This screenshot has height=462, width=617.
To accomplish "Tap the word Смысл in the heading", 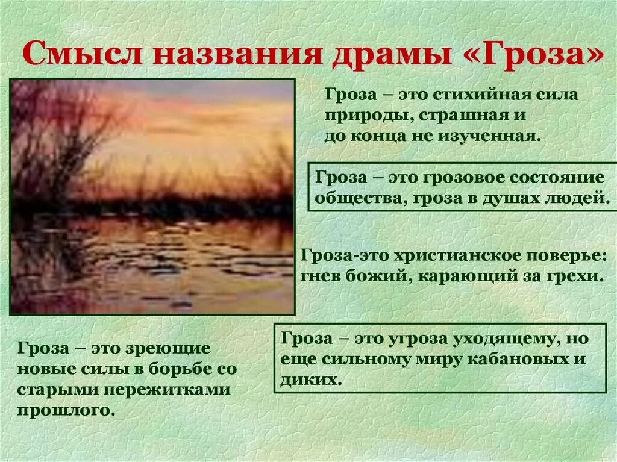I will click(84, 55).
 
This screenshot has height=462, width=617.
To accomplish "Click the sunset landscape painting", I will click(152, 196).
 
